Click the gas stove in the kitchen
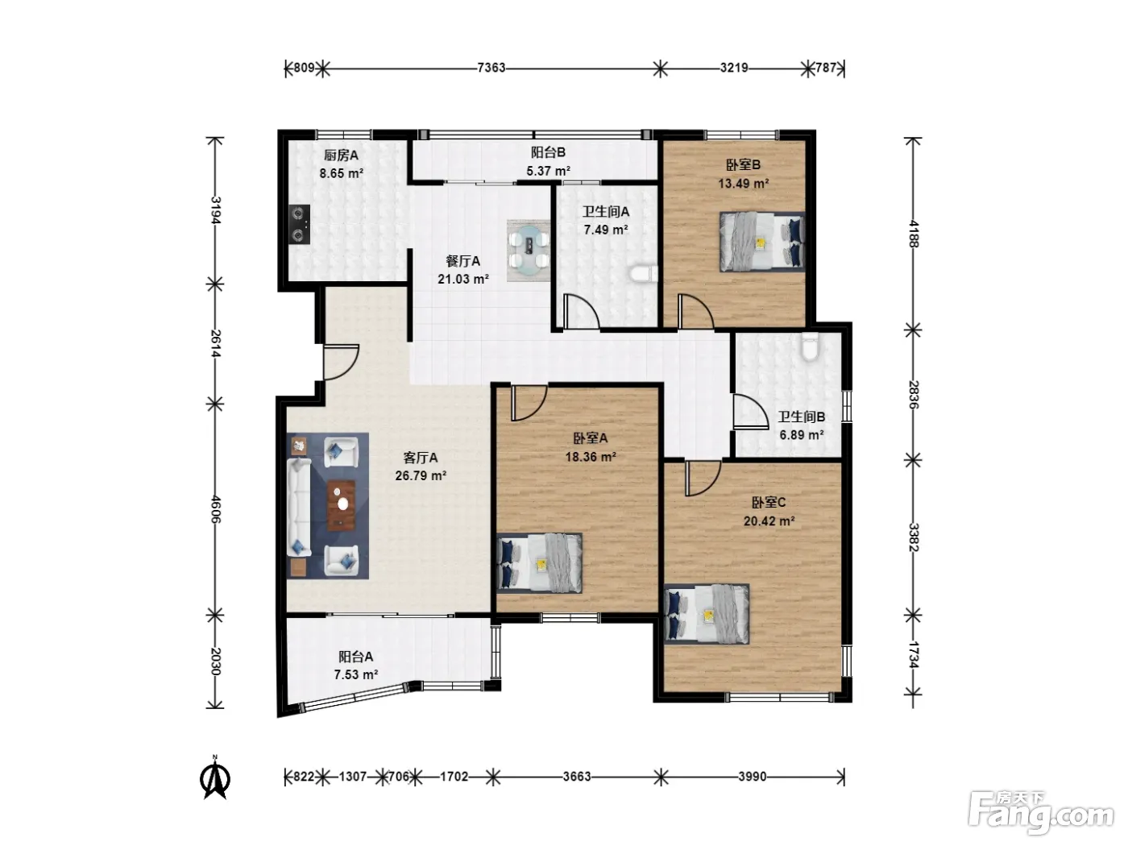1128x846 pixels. click(299, 224)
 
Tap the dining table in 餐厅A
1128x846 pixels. click(529, 250)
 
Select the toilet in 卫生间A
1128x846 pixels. click(644, 273)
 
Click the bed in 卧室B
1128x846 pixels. click(762, 242)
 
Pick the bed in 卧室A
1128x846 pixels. click(540, 563)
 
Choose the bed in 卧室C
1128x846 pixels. click(707, 614)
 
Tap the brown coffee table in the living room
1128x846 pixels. click(342, 505)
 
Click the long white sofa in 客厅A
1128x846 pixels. click(299, 508)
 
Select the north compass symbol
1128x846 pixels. click(215, 778)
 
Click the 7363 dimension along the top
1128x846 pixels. click(491, 68)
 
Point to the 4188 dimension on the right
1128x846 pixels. click(913, 234)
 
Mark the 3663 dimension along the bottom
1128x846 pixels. click(577, 776)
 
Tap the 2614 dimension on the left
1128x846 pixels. click(216, 344)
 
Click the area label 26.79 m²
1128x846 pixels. click(421, 475)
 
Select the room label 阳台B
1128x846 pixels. click(548, 152)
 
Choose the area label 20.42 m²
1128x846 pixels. click(769, 520)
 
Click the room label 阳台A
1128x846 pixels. click(355, 657)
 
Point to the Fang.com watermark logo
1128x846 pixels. click(1041, 814)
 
